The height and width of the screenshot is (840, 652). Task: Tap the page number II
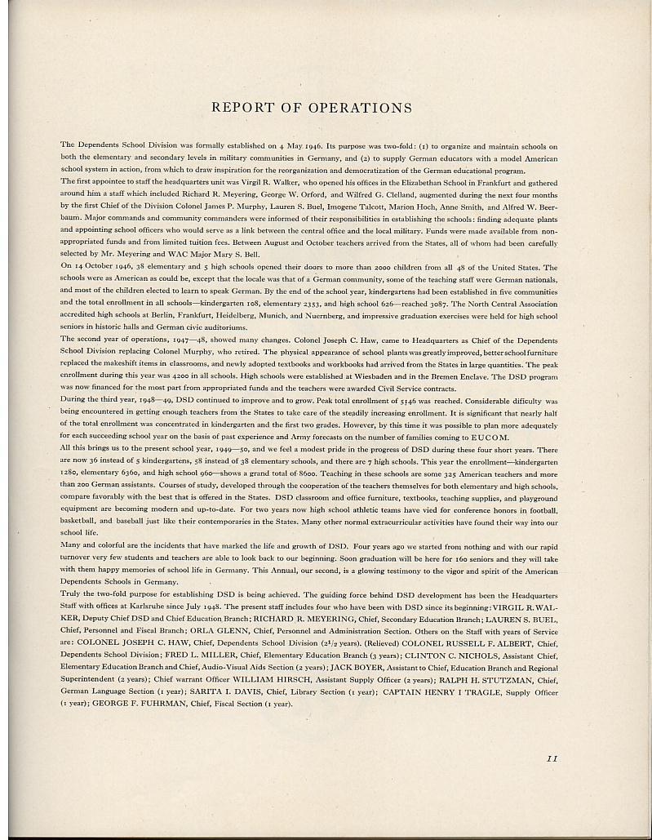(x=552, y=758)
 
